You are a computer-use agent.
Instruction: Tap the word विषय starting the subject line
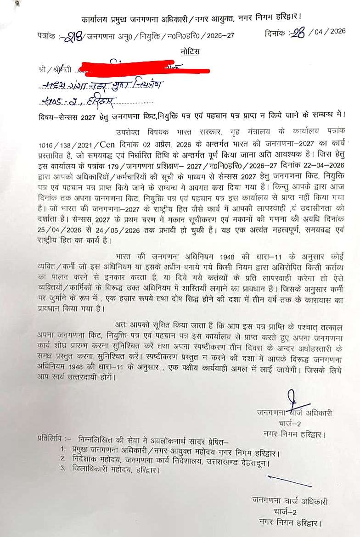47,115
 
